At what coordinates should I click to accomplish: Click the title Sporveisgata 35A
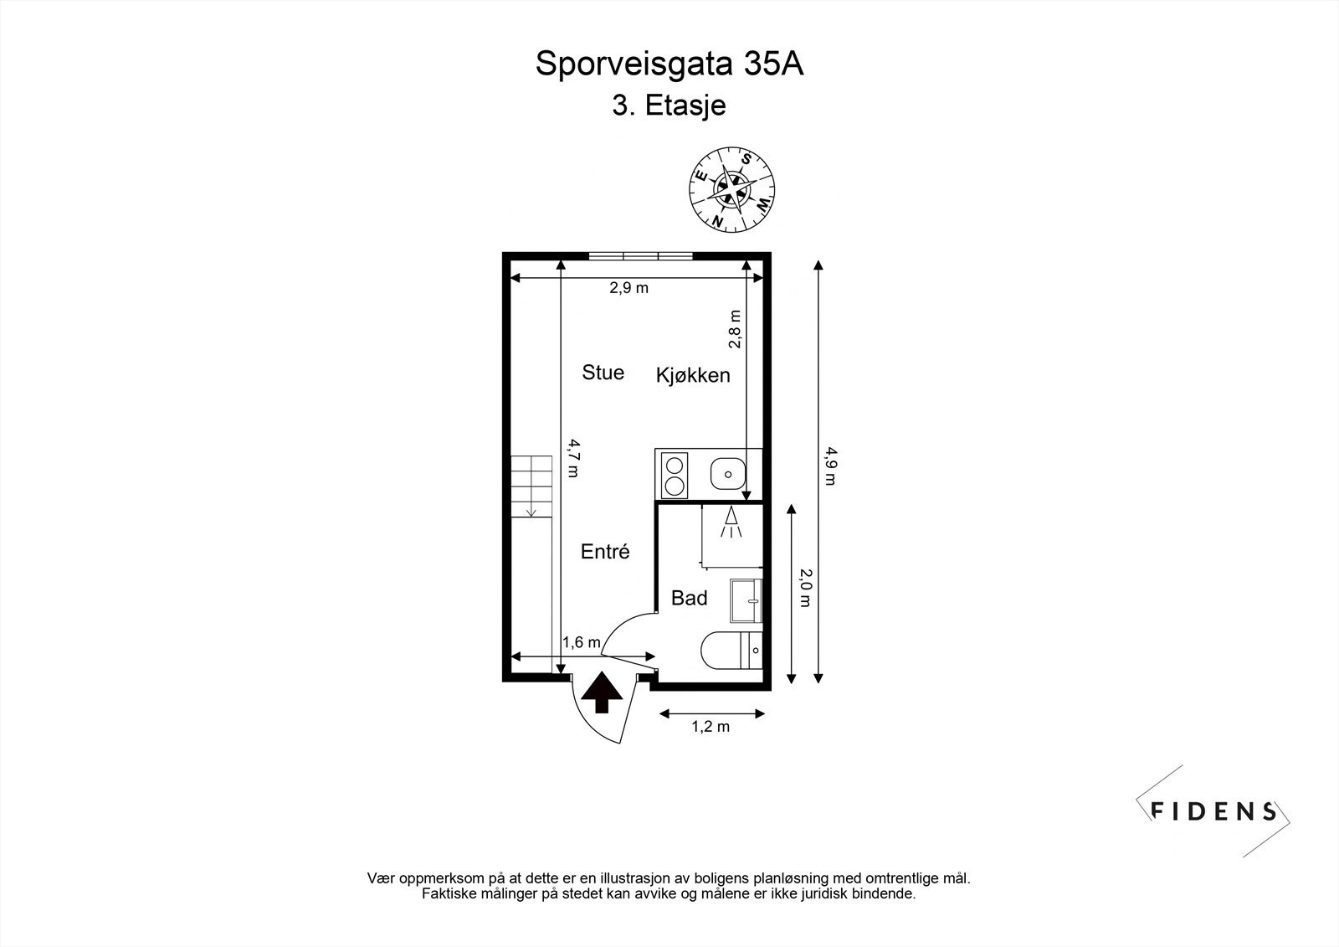point(669,64)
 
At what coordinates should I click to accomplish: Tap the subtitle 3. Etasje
point(669,106)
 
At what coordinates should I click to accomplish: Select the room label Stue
point(603,373)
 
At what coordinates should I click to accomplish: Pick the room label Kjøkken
point(692,375)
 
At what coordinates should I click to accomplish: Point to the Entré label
point(604,552)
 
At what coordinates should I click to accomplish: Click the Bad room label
point(690,598)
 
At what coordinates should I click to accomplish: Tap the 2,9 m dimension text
point(628,288)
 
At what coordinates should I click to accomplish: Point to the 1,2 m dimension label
point(710,727)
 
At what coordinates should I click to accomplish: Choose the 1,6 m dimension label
point(581,643)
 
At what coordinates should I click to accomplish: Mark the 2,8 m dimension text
point(735,328)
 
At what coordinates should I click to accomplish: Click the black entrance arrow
point(600,693)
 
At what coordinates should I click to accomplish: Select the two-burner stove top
point(674,474)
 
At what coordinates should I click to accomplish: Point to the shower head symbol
point(731,522)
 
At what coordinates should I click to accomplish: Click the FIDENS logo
point(1213,811)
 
